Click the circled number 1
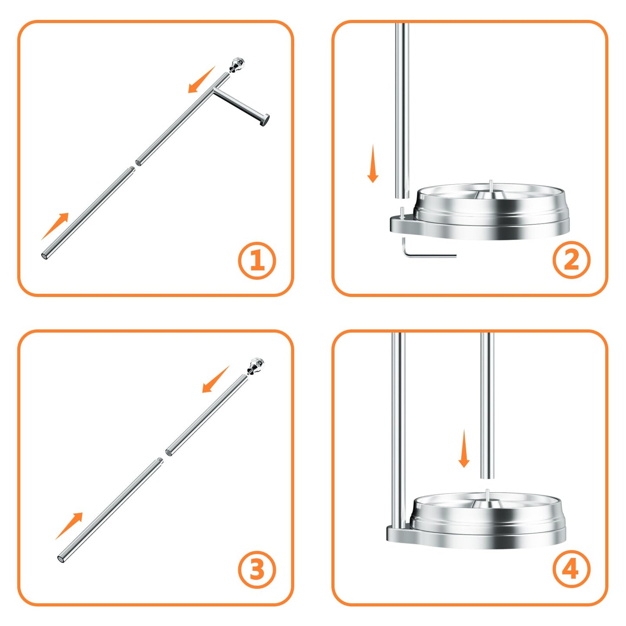(257, 261)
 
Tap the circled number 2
(571, 260)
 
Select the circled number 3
(257, 569)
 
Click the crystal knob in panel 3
(256, 366)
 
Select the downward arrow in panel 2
(373, 165)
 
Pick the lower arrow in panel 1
(55, 226)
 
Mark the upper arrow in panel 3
(215, 379)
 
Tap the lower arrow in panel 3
(69, 525)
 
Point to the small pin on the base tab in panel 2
(402, 213)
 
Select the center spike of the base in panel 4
(488, 494)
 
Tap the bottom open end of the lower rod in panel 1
(45, 256)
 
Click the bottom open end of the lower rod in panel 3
(61, 559)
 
